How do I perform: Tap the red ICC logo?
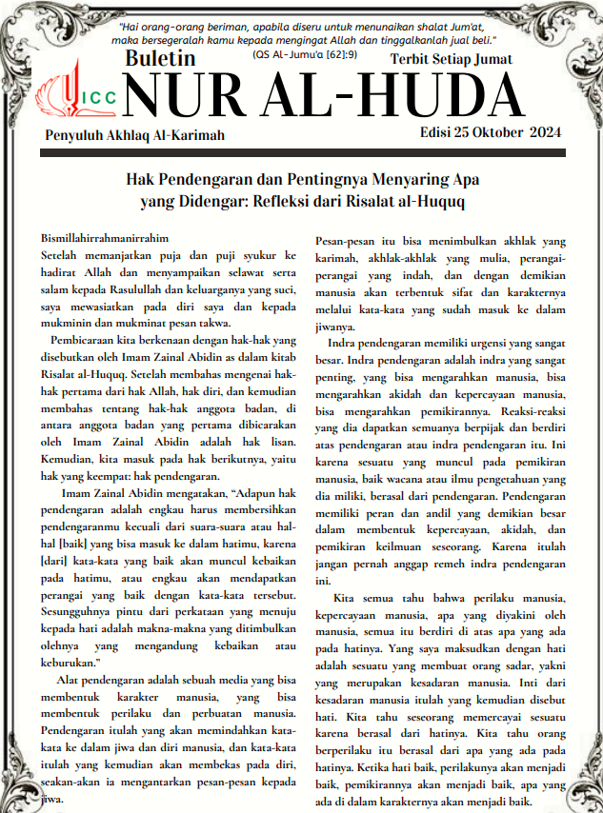point(75,99)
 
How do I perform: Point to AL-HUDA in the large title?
point(403,99)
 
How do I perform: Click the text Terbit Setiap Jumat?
point(451,59)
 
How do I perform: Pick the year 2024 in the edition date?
point(543,131)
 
